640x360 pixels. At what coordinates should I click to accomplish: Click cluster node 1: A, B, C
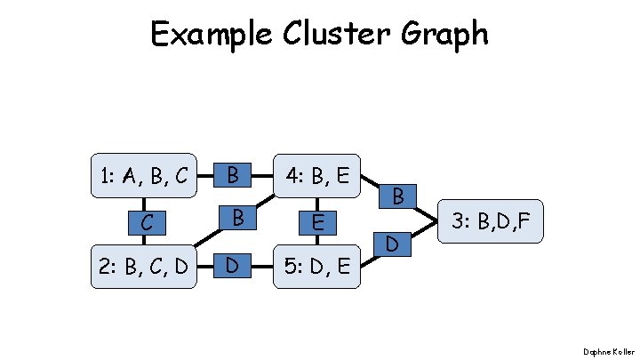click(x=144, y=176)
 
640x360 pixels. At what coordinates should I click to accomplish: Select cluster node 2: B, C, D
click(x=144, y=265)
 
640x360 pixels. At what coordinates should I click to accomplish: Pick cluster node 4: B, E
click(x=316, y=176)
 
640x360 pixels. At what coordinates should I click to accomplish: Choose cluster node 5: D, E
click(x=316, y=265)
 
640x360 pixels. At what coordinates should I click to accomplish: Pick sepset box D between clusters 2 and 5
click(x=232, y=265)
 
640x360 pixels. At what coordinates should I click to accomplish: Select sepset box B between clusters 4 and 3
click(x=398, y=196)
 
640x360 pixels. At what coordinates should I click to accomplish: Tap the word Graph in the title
click(x=449, y=36)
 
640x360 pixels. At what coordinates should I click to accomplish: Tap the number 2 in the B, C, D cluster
click(x=104, y=265)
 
